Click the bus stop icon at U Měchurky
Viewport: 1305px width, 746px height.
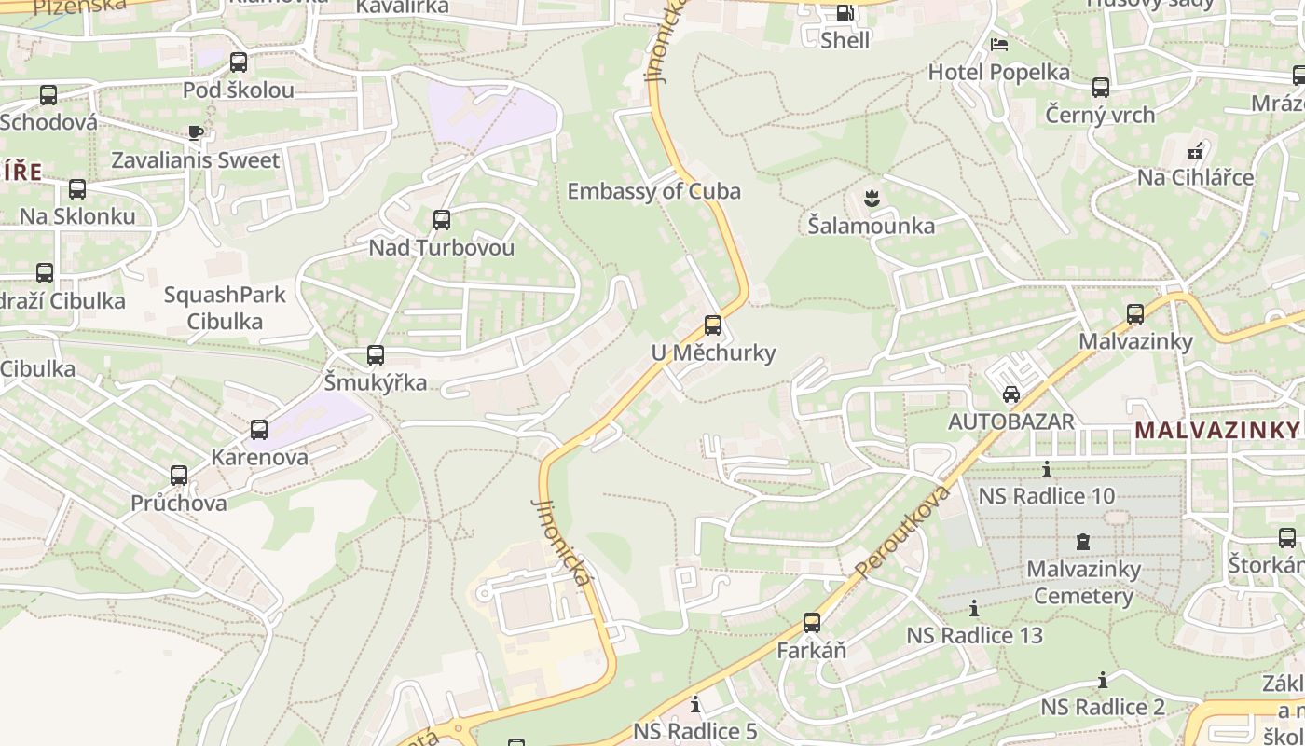point(713,325)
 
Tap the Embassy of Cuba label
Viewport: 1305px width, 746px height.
point(653,191)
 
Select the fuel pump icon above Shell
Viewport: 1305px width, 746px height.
point(845,13)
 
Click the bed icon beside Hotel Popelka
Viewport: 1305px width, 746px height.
point(999,45)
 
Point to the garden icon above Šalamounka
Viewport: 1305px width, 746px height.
point(872,197)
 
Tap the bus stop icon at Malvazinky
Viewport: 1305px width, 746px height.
point(1135,313)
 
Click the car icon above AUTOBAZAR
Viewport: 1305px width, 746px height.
point(1011,394)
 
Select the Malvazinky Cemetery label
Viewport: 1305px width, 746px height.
point(1083,582)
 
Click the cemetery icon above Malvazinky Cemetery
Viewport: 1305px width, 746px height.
point(1083,541)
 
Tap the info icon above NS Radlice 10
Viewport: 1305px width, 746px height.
point(1047,469)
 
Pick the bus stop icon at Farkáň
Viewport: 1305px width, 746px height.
point(812,622)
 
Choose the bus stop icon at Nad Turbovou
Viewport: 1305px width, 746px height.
point(442,220)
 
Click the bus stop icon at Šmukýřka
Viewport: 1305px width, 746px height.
point(376,354)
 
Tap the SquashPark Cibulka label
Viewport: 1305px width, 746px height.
point(225,308)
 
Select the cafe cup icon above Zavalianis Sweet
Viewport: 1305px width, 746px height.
point(195,132)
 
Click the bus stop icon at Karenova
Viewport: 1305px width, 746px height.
point(259,430)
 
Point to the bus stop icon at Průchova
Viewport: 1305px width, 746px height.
point(179,475)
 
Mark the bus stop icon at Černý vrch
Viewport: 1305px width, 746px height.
point(1101,88)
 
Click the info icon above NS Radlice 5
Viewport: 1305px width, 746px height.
point(694,704)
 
